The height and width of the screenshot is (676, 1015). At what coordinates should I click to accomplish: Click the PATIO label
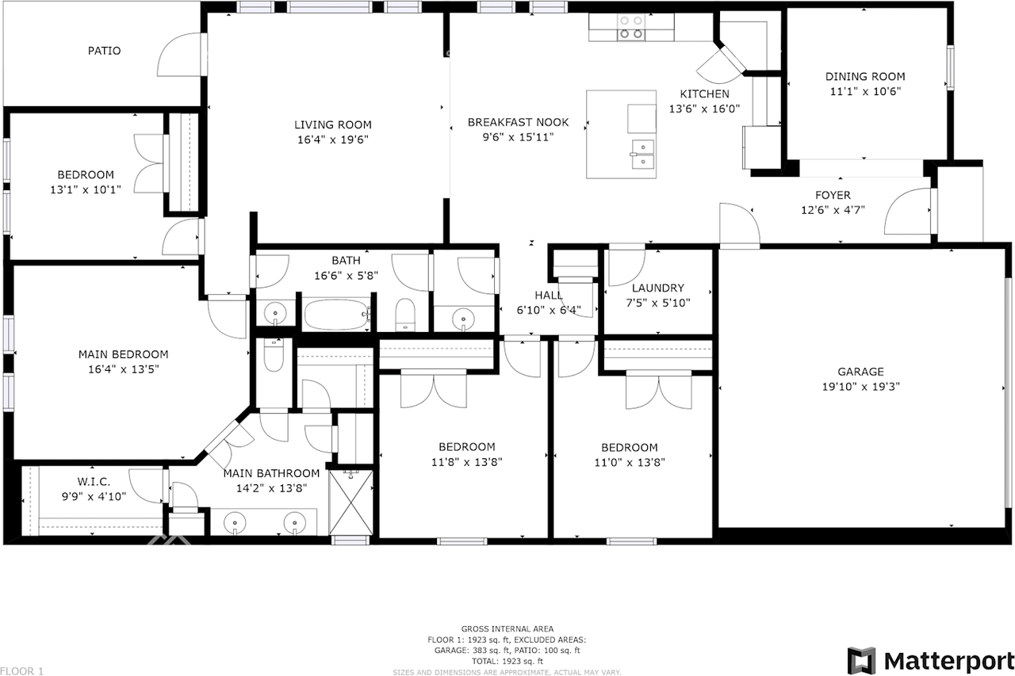tap(104, 51)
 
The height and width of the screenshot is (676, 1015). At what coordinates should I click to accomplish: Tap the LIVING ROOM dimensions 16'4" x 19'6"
tap(333, 139)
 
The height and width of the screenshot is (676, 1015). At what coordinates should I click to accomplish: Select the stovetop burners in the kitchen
tap(632, 27)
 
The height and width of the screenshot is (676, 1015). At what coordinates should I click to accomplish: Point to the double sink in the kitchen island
tap(643, 154)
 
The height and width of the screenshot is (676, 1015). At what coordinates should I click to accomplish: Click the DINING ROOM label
tap(865, 77)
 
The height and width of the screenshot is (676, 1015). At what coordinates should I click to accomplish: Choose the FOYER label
tap(833, 195)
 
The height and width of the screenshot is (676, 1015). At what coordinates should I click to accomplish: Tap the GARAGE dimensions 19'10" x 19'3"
tap(861, 387)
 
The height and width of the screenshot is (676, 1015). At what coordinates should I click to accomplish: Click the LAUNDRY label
tap(658, 288)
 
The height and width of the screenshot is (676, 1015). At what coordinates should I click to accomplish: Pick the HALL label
tap(549, 296)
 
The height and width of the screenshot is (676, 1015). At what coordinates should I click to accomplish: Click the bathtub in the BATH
tap(337, 315)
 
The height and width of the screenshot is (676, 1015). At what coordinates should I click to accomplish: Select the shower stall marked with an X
tap(350, 502)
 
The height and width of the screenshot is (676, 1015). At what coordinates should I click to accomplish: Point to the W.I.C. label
tap(94, 482)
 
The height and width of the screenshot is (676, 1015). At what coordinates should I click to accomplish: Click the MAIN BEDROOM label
tap(123, 354)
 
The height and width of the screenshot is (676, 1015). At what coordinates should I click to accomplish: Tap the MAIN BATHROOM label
tap(271, 473)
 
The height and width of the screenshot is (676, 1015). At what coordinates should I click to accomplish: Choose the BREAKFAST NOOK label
tap(519, 122)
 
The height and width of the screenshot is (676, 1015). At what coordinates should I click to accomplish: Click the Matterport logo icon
tap(862, 661)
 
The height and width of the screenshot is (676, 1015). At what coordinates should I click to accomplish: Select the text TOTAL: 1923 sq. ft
tap(507, 661)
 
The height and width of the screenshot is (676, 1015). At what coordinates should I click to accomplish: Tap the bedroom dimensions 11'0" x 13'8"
tap(630, 462)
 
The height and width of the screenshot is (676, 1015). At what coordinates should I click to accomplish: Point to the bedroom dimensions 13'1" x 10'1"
tap(86, 189)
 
